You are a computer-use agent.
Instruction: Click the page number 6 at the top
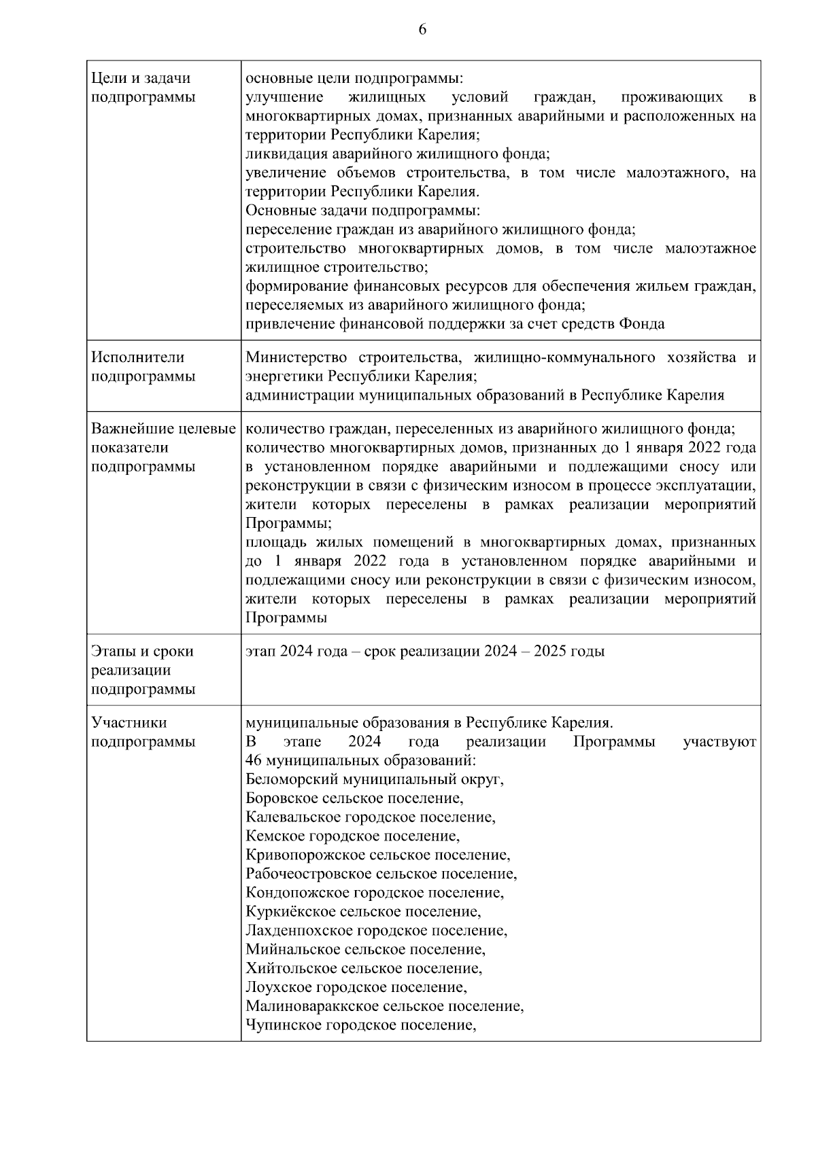pyautogui.click(x=422, y=29)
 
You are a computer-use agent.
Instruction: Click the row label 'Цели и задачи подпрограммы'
pyautogui.click(x=143, y=88)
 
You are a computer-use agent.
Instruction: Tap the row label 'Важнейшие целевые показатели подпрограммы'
pyautogui.click(x=163, y=448)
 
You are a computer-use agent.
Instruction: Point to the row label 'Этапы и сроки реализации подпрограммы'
pyautogui.click(x=143, y=670)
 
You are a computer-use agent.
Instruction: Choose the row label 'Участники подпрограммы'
pyautogui.click(x=143, y=732)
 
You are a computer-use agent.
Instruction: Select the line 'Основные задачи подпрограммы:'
pyautogui.click(x=362, y=211)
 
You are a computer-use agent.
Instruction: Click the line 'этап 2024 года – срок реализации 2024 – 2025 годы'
pyautogui.click(x=424, y=652)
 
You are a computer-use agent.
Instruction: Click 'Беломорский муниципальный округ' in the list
pyautogui.click(x=374, y=779)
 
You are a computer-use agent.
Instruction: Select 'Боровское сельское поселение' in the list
pyautogui.click(x=354, y=798)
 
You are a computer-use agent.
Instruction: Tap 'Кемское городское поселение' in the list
pyautogui.click(x=352, y=836)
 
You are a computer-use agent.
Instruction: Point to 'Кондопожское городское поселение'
pyautogui.click(x=375, y=893)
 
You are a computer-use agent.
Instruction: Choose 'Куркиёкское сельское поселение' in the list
pyautogui.click(x=363, y=912)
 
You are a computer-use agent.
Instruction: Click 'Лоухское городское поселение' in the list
pyautogui.click(x=356, y=987)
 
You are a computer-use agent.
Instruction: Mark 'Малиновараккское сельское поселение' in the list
pyautogui.click(x=384, y=1006)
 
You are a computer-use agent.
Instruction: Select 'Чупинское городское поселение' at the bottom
pyautogui.click(x=360, y=1025)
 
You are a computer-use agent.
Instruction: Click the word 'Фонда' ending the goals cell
pyautogui.click(x=642, y=324)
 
